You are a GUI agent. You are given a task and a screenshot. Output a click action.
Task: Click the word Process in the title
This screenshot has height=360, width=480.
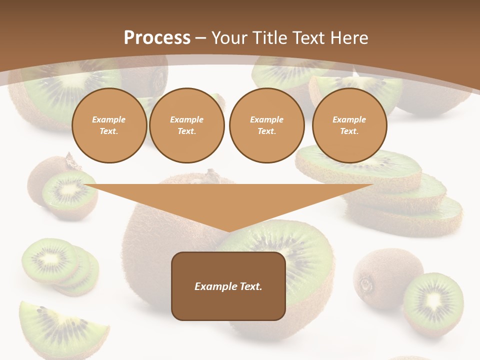(x=157, y=38)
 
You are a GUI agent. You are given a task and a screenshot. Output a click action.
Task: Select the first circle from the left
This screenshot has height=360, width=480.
(x=109, y=125)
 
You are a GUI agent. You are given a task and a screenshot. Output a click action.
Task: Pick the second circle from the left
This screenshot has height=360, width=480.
(x=187, y=125)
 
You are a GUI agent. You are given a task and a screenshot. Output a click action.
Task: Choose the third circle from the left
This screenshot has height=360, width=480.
(x=267, y=125)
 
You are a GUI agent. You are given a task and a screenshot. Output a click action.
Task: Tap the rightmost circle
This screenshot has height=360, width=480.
(x=349, y=125)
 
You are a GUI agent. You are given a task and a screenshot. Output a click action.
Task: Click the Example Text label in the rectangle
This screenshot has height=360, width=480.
(x=228, y=286)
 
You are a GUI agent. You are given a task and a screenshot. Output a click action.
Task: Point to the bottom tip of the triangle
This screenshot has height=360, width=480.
(x=229, y=231)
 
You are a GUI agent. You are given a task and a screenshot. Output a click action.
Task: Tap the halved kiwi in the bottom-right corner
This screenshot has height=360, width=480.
(x=433, y=302)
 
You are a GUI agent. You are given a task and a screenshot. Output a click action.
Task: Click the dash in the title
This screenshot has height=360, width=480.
(x=200, y=38)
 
